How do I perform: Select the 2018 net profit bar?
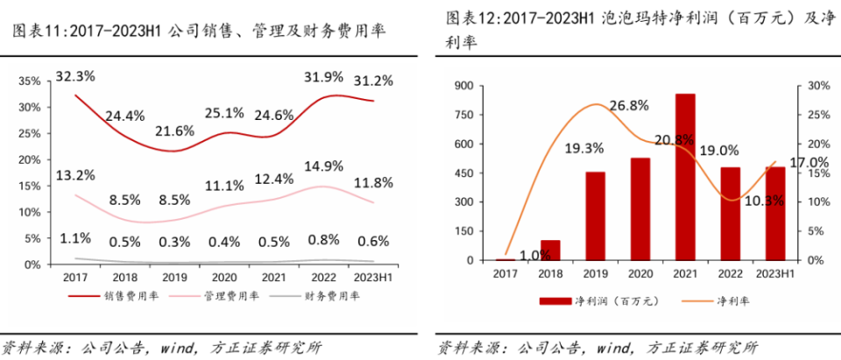550,251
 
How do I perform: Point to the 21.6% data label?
174,131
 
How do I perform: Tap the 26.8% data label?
628,106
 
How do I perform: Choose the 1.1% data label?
76,238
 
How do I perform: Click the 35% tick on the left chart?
30,81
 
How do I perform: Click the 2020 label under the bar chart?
640,274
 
